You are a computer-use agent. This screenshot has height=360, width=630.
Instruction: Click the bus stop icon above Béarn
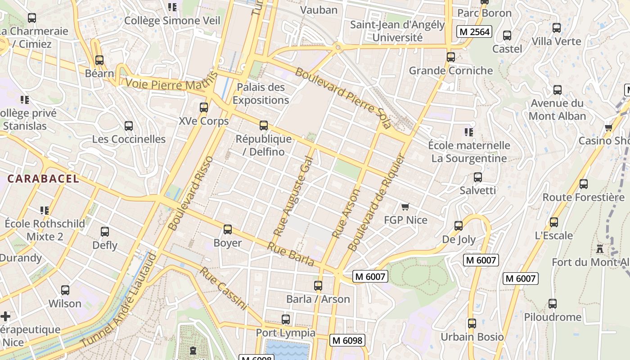pos(99,60)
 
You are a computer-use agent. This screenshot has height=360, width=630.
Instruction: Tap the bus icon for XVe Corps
pos(204,108)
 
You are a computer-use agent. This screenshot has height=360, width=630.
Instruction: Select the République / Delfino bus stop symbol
pos(264,126)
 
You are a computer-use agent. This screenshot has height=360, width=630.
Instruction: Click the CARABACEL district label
pos(43,179)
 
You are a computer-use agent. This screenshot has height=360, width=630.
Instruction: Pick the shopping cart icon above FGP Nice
pos(405,207)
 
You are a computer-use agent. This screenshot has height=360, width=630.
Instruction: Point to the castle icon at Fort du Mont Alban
pos(599,248)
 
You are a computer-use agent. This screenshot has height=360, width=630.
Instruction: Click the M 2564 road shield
pos(474,31)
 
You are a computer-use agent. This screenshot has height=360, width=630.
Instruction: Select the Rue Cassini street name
pos(224,288)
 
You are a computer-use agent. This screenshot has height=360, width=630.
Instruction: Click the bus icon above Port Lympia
pos(286,319)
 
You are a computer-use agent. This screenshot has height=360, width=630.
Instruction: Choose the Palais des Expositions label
pos(261,94)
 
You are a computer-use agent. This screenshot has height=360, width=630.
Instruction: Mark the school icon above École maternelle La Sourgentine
pos(469,132)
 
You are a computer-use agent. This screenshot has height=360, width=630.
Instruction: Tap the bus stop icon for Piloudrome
pos(553,304)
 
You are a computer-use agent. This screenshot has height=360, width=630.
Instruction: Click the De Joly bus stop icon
pos(459,226)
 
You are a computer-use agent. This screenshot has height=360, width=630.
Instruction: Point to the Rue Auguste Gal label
pos(293,196)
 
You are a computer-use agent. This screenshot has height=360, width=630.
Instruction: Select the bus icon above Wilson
pos(65,290)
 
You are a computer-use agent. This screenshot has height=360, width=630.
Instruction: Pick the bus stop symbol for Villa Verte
pos(557,28)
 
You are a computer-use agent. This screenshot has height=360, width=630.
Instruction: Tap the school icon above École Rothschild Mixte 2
pos(44,210)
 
